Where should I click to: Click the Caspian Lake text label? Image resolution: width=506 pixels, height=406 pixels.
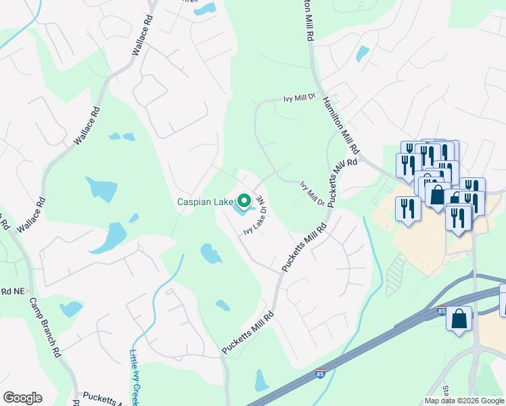205,202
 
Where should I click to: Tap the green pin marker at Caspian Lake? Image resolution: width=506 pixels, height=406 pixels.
244,201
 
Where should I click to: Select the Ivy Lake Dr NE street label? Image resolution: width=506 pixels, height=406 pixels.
254,217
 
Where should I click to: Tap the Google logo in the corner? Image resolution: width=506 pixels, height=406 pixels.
22,398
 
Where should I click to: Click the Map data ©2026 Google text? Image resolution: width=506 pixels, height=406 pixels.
464,401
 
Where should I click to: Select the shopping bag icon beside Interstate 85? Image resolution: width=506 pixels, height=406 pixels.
459,318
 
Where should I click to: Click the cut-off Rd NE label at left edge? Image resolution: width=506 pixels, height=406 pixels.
12,291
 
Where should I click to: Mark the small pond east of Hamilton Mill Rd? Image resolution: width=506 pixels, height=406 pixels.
363,53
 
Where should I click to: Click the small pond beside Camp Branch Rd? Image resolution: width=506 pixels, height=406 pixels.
70,309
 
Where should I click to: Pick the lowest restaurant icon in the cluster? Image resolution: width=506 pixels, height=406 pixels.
459,219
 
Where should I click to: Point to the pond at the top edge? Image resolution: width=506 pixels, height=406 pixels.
204,9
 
